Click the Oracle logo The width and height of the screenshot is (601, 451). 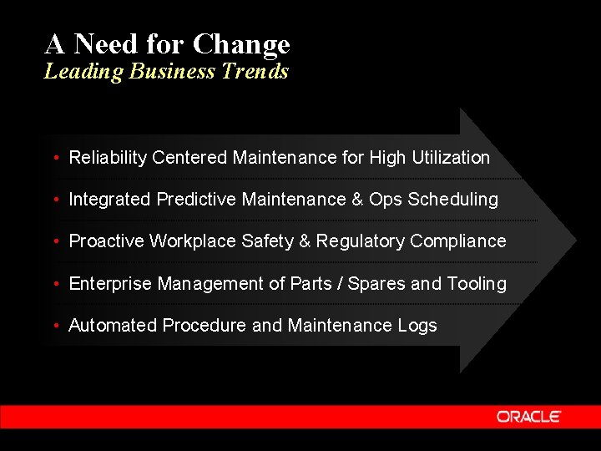[528, 416]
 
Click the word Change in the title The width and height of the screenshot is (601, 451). [241, 43]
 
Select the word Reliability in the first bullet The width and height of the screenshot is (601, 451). [108, 157]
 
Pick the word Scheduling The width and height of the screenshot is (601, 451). [457, 199]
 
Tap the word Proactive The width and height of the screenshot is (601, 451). [106, 241]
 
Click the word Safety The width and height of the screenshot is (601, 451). [267, 241]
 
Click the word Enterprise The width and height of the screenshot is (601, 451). [110, 284]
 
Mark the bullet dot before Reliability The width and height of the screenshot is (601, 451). [54, 158]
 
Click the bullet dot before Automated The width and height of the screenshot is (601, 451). [54, 327]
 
